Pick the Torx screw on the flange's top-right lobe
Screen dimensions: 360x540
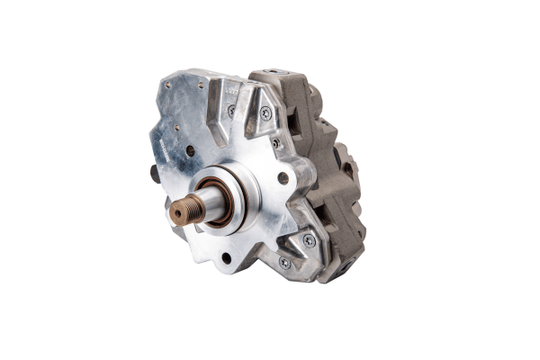point(265,113)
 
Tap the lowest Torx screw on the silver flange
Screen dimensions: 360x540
point(285,262)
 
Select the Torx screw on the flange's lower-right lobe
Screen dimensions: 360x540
point(310,240)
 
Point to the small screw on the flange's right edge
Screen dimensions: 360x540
point(276,143)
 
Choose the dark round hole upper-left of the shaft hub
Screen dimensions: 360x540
point(190,150)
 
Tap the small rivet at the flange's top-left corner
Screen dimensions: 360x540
point(168,84)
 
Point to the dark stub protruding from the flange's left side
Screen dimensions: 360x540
point(155,174)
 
